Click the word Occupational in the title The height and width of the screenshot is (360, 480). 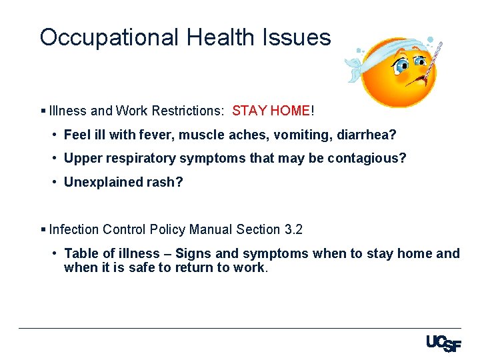(109, 37)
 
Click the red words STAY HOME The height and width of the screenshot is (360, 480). (271, 111)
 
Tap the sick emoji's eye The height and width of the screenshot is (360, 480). (402, 65)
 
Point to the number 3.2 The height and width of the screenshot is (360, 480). (293, 229)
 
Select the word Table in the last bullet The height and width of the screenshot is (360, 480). (80, 253)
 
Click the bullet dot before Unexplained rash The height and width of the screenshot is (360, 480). (54, 181)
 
